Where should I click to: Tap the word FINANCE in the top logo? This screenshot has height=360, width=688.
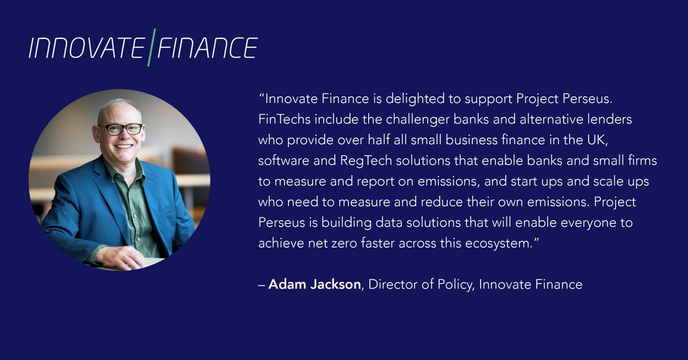click(x=207, y=49)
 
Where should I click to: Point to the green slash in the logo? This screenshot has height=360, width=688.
click(x=150, y=47)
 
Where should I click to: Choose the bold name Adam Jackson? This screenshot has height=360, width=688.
click(x=315, y=284)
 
